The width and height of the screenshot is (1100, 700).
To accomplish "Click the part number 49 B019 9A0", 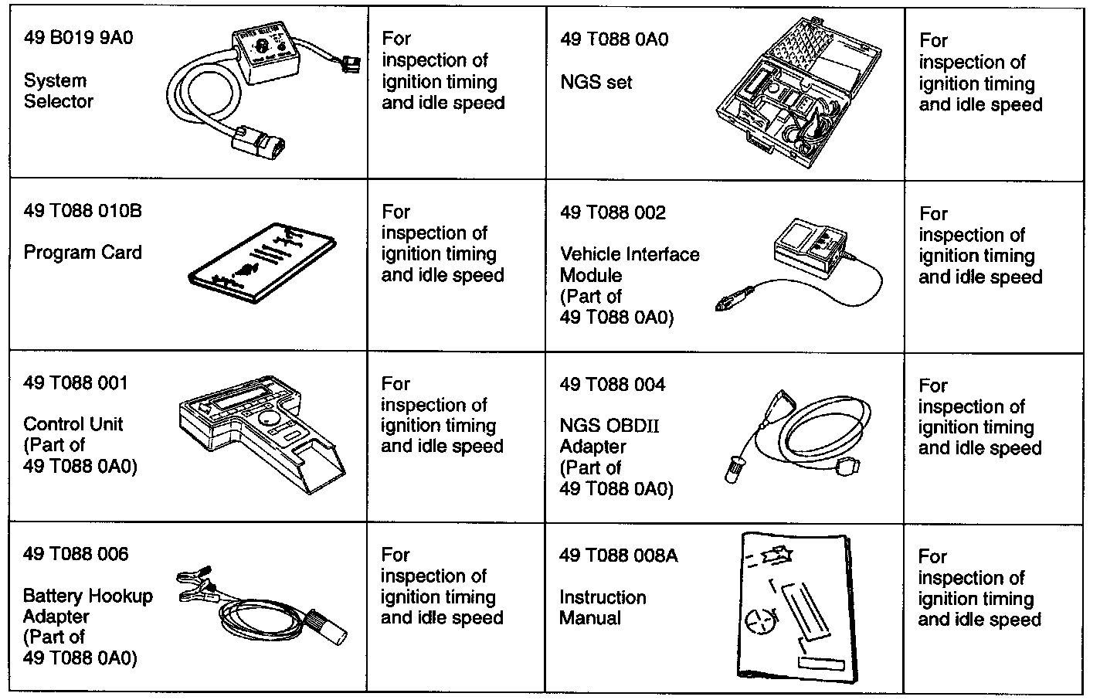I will [79, 38].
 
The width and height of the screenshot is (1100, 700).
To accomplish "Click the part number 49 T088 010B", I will [83, 211].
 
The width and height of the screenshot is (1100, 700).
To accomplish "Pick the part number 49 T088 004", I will [613, 385].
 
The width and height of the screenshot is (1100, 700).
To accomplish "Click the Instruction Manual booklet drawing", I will [796, 606].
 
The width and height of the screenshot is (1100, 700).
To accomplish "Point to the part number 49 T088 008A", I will [619, 556].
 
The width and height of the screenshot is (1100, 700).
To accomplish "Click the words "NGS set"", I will [596, 82].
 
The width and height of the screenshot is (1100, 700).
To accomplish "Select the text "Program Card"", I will [83, 253].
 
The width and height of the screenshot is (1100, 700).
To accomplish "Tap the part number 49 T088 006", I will [76, 554].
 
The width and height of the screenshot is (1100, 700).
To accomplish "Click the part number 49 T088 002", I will [613, 212].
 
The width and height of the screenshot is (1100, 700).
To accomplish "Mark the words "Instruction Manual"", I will [603, 607].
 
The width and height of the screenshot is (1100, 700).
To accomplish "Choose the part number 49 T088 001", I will [76, 383].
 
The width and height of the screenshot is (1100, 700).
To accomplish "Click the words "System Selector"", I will [59, 91].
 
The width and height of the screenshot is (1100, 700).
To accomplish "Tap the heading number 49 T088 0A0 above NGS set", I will [614, 39].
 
